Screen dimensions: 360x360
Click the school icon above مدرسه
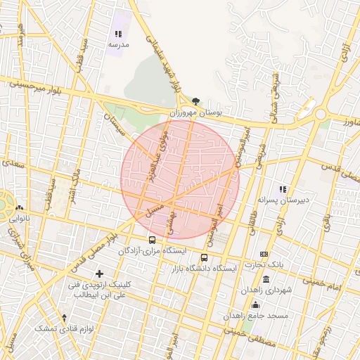pos(118,34)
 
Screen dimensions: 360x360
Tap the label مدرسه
pos(118,44)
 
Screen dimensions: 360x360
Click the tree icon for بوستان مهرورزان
pos(195,101)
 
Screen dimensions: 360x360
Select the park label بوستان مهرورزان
pos(195,112)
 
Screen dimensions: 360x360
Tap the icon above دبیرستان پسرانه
pos(283,190)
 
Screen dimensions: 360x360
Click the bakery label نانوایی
pos(19,219)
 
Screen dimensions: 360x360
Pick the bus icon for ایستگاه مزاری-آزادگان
pos(153,240)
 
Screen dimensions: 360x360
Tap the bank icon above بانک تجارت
pos(264,254)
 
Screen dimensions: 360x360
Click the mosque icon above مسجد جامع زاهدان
pos(255,304)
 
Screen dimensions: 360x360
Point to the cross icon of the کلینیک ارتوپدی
pos(99,273)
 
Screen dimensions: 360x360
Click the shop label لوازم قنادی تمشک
pos(65,328)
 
